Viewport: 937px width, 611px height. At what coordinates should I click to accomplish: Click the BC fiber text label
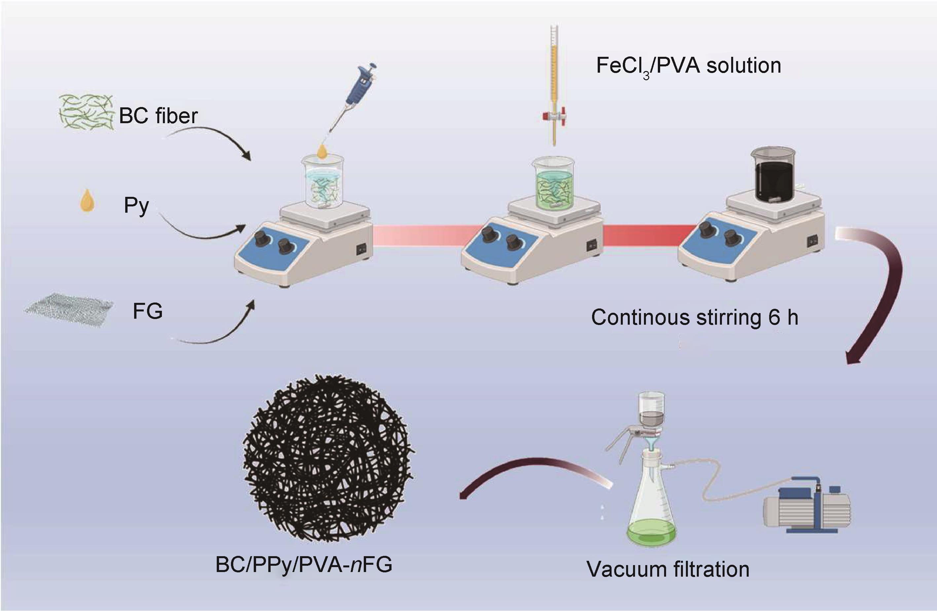[x=158, y=116]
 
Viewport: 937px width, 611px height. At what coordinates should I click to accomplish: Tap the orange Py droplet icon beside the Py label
[x=87, y=201]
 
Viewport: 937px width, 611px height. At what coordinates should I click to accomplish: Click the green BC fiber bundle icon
[x=86, y=112]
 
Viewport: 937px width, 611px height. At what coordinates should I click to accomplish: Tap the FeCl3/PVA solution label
[x=689, y=66]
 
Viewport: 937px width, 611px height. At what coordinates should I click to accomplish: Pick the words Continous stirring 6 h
[x=694, y=317]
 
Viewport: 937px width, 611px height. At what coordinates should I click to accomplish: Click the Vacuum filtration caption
[x=668, y=569]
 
